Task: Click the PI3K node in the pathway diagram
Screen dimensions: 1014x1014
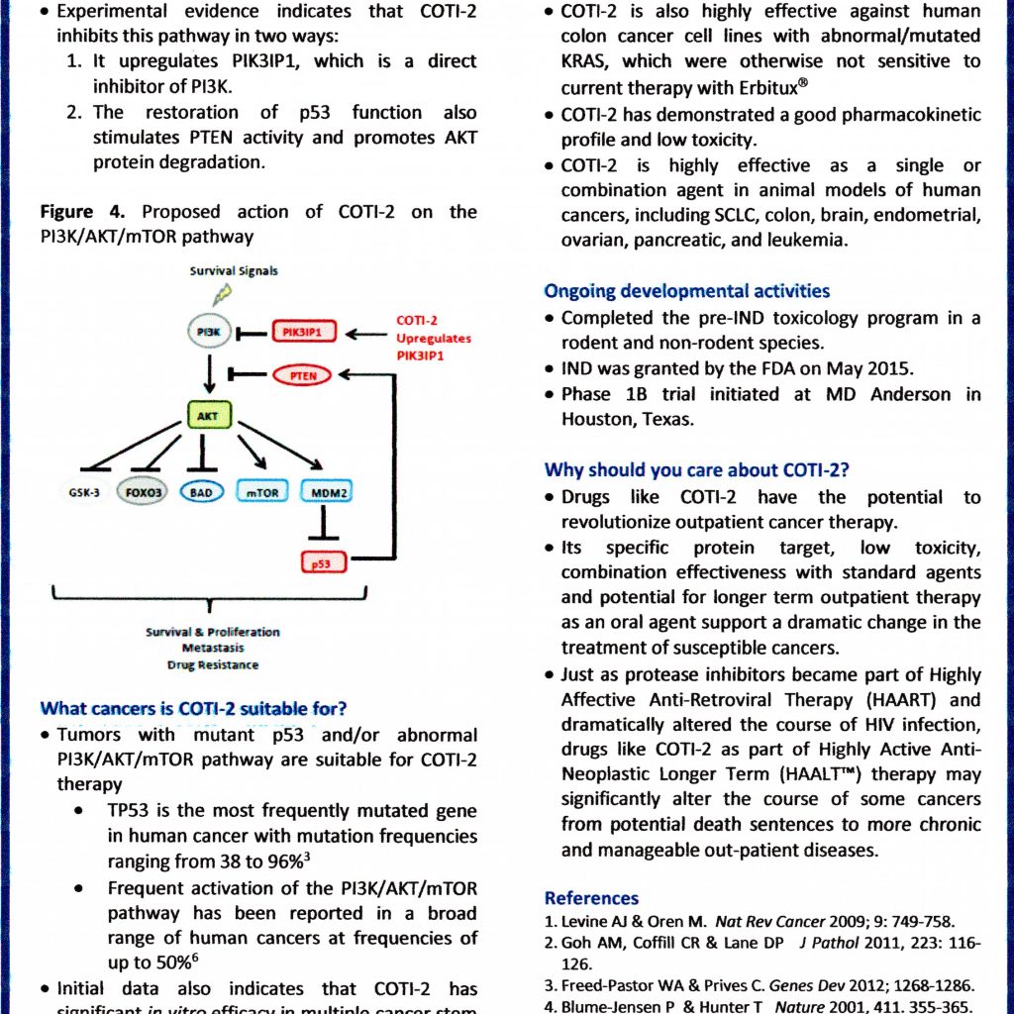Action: coord(209,333)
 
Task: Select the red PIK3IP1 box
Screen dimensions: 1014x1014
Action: coord(303,333)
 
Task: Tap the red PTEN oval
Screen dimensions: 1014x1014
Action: coord(304,375)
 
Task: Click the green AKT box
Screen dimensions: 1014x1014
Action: coord(209,416)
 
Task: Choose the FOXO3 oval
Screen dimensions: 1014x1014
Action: coord(143,491)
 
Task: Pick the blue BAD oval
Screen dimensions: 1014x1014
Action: coord(202,491)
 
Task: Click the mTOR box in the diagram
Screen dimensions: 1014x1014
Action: coord(260,491)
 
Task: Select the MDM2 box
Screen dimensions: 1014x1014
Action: coord(329,491)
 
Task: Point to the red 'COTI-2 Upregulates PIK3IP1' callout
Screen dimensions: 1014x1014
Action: coord(434,338)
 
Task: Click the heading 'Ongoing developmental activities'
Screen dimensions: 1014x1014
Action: coord(687,291)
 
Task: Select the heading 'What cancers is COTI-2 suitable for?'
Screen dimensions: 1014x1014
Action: coord(193,708)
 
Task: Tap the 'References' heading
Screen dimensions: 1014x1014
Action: coord(591,898)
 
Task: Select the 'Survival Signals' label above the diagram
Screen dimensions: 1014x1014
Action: coord(234,270)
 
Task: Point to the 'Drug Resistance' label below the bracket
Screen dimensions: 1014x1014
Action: coord(213,664)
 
